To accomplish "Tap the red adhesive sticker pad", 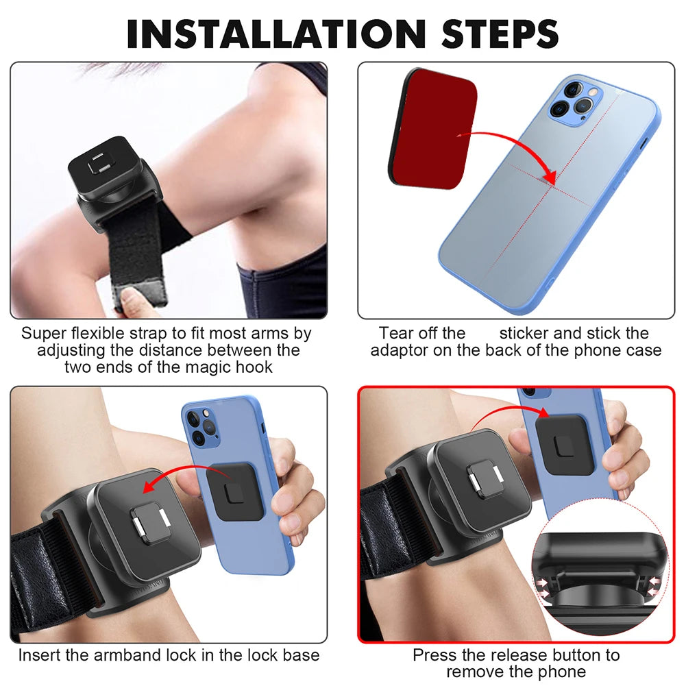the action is pos(432,128).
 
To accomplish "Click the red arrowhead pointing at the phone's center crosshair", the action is pos(549,175).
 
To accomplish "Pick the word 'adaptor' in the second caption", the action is pos(399,350).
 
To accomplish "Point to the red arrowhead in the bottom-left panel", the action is pos(151,485).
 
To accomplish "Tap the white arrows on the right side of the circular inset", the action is pos(654,587).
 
